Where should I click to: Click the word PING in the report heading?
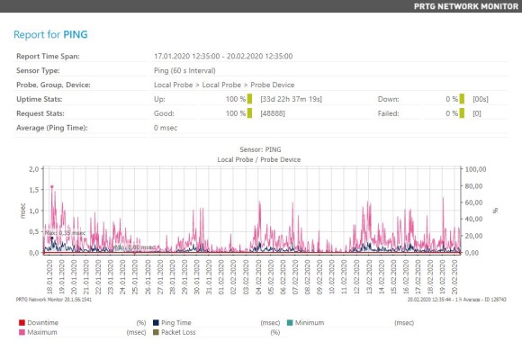pyautogui.click(x=76, y=35)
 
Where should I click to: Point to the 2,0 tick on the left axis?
pyautogui.click(x=33, y=169)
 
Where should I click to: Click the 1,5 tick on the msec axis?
pyautogui.click(x=33, y=190)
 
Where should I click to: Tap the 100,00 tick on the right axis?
pyautogui.click(x=476, y=169)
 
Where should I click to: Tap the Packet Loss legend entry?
pyautogui.click(x=180, y=332)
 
